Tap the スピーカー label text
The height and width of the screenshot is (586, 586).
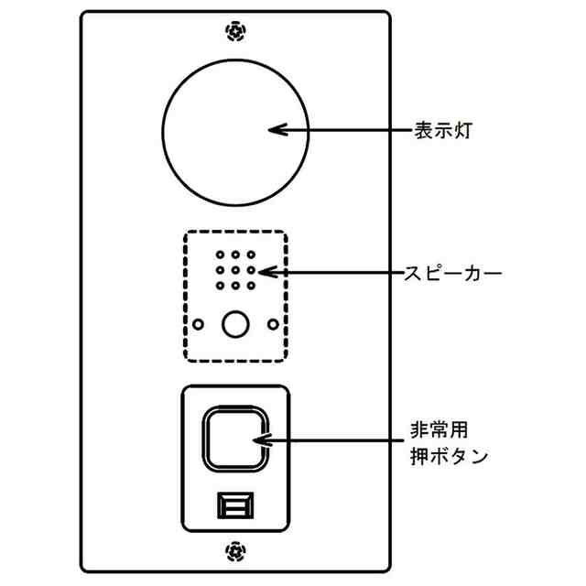click(453, 272)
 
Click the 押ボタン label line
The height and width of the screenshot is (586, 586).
click(450, 455)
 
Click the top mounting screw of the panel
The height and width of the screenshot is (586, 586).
click(236, 32)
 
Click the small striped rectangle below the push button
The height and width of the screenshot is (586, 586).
click(236, 505)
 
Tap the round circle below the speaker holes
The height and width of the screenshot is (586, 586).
click(236, 323)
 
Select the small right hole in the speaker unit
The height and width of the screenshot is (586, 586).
click(272, 322)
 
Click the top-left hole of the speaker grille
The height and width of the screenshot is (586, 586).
click(220, 255)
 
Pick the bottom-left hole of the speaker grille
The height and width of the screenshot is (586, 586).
click(220, 286)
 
